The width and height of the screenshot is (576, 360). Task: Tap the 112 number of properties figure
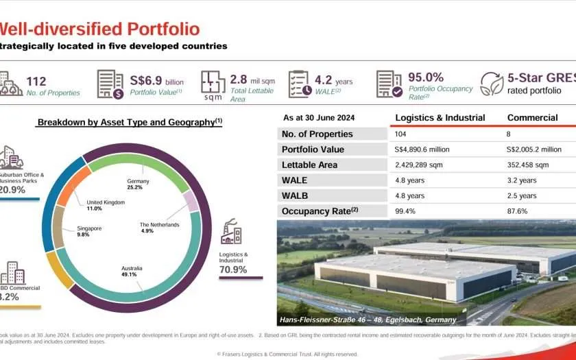[x=36, y=82]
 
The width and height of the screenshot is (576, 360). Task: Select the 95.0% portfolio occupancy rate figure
[x=425, y=77]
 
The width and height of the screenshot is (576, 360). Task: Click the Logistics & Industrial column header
[x=440, y=117]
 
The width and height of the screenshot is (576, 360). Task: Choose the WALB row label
[x=295, y=196]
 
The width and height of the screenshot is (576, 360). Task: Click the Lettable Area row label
[x=309, y=165]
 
